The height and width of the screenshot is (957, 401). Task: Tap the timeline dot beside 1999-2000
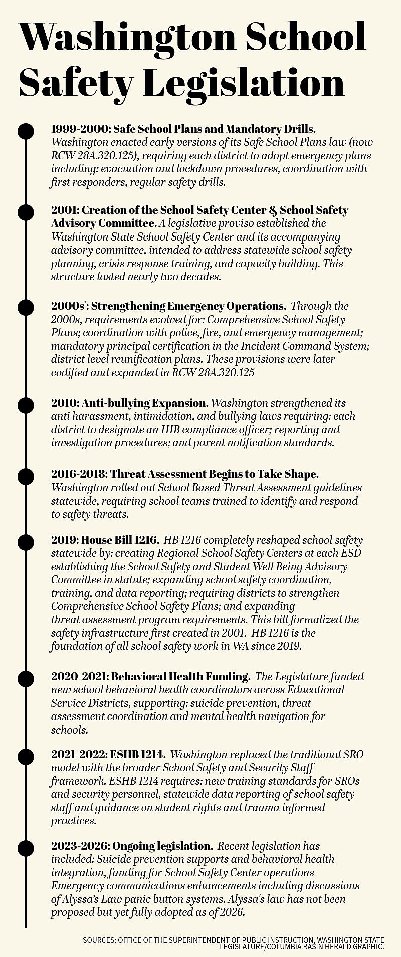tap(26, 131)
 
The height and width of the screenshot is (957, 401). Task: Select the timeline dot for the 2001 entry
tap(26, 212)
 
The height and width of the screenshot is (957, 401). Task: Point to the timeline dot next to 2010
tap(26, 404)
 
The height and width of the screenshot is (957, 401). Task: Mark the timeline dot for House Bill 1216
tap(26, 542)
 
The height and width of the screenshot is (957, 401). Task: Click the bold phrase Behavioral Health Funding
tap(180, 676)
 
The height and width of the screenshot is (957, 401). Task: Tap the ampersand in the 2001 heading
tap(273, 211)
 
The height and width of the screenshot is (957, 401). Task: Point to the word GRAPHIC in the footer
tap(367, 947)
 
